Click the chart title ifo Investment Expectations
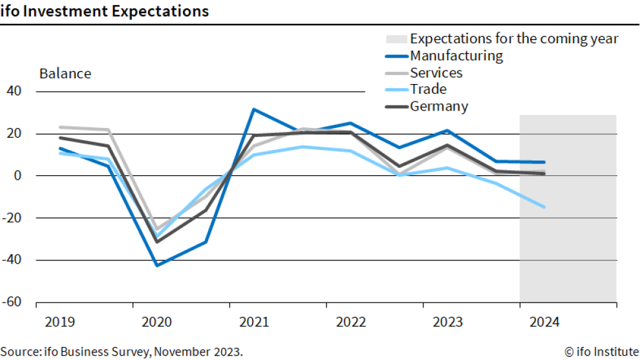105,11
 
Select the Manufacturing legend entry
456,56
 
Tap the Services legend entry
436,72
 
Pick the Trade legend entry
428,89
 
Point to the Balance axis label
65,74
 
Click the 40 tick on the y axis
15,92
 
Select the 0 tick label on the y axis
19,176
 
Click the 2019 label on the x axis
60,321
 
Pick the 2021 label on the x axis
253,321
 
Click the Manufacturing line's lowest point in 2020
157,265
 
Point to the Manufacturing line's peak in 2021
254,109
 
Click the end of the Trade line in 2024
544,207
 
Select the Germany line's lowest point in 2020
157,242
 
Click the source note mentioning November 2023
122,352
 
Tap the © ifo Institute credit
601,352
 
